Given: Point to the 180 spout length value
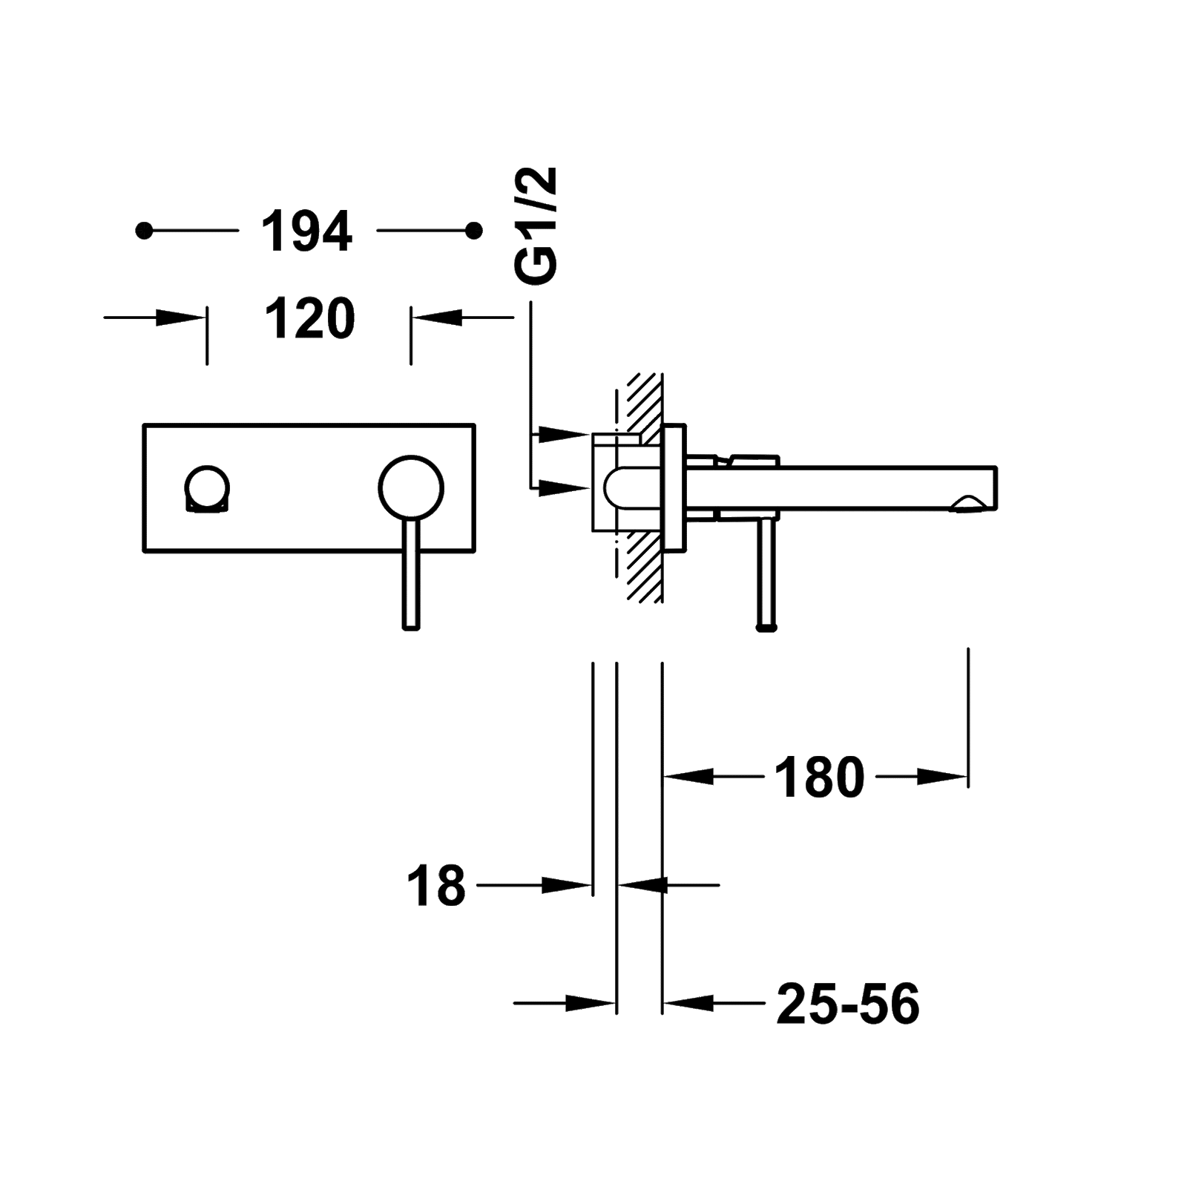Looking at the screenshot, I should click(x=819, y=777).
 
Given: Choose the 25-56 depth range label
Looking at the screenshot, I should click(x=848, y=1004).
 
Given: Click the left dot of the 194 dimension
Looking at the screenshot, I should click(x=144, y=231).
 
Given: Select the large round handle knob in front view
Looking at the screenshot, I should click(x=410, y=486).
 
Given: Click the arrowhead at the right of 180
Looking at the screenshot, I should click(x=943, y=777).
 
